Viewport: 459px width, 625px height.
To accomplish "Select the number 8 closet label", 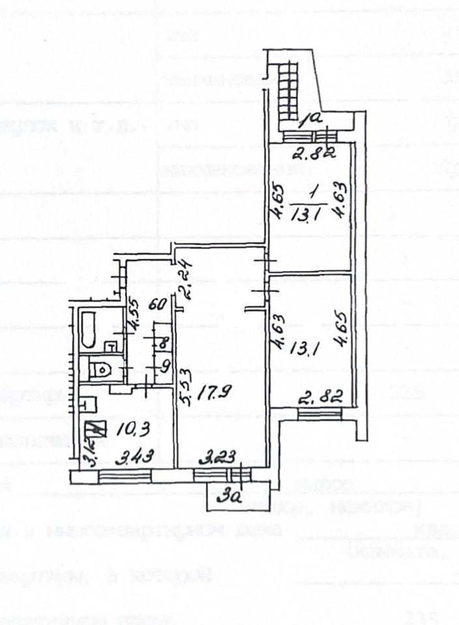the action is pos(163,341).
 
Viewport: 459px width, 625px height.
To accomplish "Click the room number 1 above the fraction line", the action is pos(313,193).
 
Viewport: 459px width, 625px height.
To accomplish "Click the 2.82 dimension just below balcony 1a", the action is pos(311,154).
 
